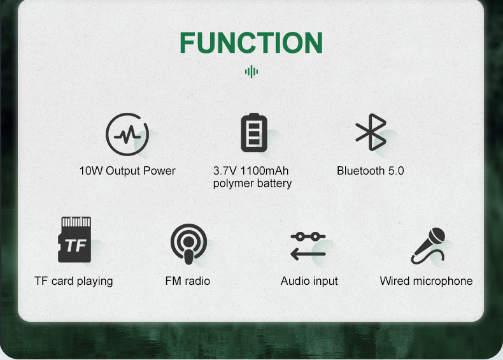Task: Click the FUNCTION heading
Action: pos(251,43)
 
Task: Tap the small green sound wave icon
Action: pos(251,71)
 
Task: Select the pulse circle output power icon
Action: pos(127,134)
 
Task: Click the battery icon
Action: pos(254,133)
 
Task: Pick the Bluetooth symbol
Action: pos(371,132)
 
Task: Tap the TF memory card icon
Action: pos(74,240)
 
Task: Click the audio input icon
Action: pos(308,246)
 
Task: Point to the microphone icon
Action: pos(429,246)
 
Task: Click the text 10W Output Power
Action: pos(127,171)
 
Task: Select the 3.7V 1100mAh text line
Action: pos(251,171)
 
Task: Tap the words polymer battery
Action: pos(252,184)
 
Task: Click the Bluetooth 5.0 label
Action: pos(370,171)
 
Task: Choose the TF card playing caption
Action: pos(74,281)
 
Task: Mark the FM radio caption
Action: pos(188,281)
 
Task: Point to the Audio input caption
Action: pos(309,281)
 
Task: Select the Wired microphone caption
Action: pos(426,281)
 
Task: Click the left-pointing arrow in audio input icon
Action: pos(308,254)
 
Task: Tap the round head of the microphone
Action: pos(437,236)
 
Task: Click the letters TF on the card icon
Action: pos(76,245)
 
